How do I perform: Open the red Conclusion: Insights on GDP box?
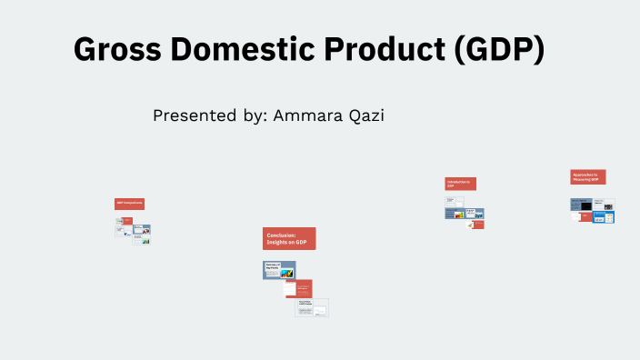(x=289, y=238)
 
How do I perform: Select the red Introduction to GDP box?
(x=460, y=184)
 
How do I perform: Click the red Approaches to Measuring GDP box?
(x=588, y=177)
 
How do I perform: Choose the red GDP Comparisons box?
(x=129, y=204)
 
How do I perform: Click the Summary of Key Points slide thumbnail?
(x=279, y=270)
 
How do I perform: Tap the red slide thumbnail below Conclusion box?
(x=298, y=288)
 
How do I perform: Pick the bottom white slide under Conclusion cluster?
(x=311, y=308)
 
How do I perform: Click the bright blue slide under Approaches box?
(x=604, y=217)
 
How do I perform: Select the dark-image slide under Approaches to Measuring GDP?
(x=581, y=205)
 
